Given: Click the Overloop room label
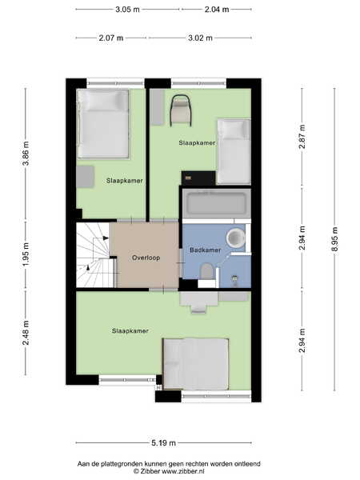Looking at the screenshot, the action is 146,258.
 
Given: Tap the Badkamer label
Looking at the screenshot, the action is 205,250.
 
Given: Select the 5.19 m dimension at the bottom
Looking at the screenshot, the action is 163,442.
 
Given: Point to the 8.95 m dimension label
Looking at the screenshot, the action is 334,239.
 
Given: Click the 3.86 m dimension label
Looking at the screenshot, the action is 26,154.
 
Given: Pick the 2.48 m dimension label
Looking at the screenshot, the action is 26,333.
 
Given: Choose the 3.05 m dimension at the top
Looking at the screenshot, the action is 127,10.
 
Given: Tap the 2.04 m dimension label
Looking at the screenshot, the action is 217,10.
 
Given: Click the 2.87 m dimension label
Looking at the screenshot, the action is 302,137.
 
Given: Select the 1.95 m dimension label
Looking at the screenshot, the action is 26,254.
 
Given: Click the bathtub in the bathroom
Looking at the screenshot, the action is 217,203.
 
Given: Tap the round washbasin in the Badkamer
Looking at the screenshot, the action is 236,238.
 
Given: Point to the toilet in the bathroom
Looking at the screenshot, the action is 206,271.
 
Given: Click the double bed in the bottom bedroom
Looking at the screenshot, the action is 196,364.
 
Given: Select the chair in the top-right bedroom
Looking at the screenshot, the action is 181,110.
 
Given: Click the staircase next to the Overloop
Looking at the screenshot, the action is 96,255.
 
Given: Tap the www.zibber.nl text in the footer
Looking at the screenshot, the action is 182,471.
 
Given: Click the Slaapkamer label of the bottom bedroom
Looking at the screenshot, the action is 130,331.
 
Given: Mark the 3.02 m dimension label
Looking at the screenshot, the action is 200,38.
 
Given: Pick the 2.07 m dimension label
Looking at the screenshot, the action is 111,38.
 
